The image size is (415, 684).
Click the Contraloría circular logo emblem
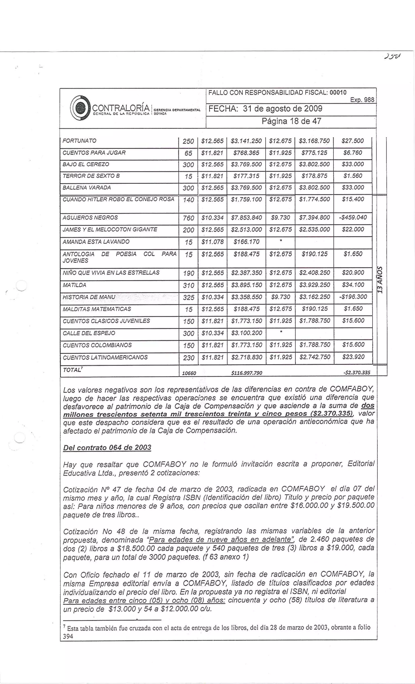coord(80,108)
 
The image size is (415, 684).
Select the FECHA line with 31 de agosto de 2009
coord(265,108)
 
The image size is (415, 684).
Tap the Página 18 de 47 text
coord(291,121)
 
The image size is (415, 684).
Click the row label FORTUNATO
coord(79,141)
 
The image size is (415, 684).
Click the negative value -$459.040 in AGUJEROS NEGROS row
coord(353,217)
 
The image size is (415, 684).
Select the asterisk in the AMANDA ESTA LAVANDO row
coord(280,241)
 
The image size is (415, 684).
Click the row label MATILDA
coord(74,285)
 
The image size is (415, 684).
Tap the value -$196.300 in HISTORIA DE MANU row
coord(353,297)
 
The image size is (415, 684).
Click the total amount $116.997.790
coord(246,373)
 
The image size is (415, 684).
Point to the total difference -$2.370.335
coord(356,373)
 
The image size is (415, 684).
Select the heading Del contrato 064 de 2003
coord(107,448)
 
